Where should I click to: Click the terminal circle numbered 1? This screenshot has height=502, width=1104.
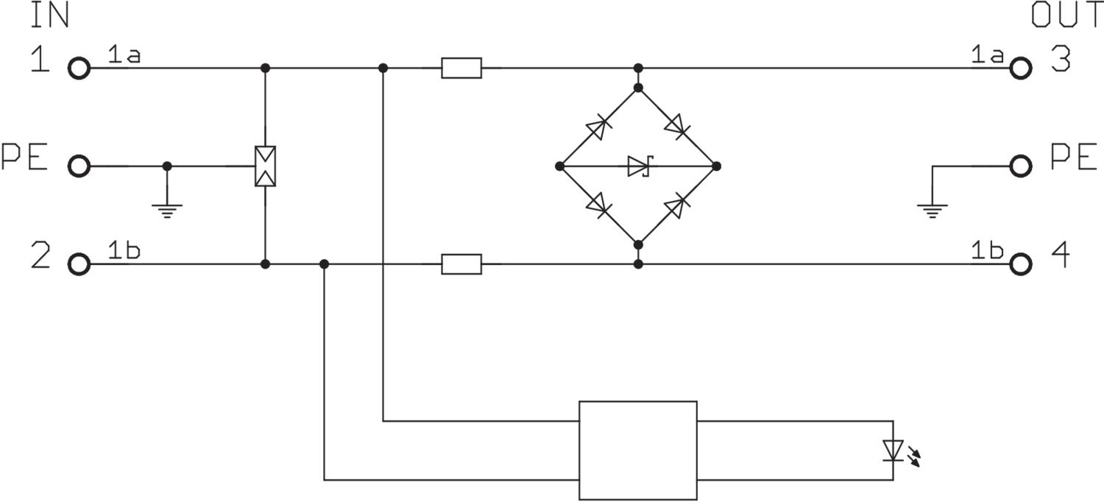tap(79, 68)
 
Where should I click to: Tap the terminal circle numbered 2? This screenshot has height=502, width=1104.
tap(79, 264)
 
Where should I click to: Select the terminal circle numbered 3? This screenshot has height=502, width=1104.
tap(1020, 68)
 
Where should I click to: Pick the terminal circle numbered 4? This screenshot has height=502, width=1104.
tap(1020, 264)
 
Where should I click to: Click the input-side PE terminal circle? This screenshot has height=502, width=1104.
tap(79, 166)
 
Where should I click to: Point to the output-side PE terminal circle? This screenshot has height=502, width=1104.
tap(1020, 166)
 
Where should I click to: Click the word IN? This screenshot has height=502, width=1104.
tap(49, 15)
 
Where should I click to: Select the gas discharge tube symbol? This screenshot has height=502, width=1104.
tap(265, 166)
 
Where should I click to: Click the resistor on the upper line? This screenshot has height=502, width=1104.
tap(461, 68)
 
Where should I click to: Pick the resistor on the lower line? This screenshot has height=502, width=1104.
tap(461, 264)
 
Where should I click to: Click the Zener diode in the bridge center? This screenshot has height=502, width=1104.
tap(637, 166)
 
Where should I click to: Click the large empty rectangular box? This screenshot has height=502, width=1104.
tap(637, 450)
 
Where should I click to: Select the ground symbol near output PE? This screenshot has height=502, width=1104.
tap(933, 210)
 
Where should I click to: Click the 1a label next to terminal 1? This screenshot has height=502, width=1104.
tap(124, 54)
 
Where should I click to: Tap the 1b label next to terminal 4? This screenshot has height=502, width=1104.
tap(987, 250)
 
